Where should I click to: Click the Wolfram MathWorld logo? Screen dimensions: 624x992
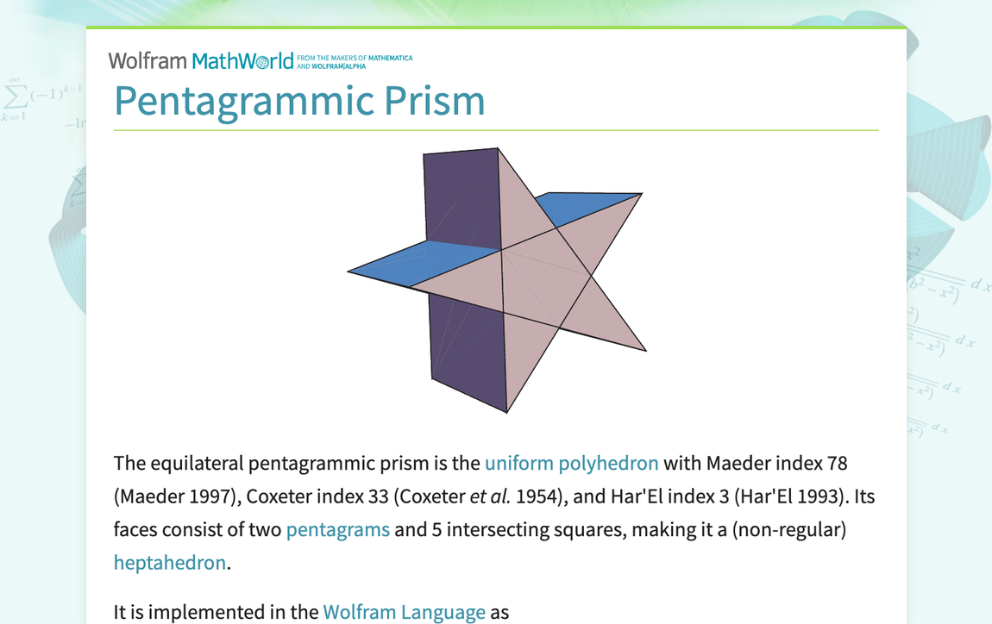[x=200, y=60]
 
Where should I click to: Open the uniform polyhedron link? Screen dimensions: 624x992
[x=571, y=463]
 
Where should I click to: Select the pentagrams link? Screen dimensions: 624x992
[x=337, y=529]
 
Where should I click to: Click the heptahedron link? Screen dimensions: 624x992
[x=169, y=563]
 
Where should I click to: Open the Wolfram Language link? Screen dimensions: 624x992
[x=404, y=612]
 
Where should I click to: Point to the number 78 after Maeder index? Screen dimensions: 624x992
[x=837, y=463]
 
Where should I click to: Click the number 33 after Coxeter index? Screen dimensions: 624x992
[x=401, y=496]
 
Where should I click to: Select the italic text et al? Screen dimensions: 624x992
[x=490, y=496]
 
